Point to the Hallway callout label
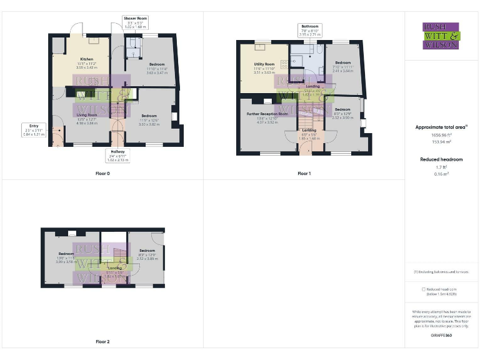118,156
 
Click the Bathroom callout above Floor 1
310,31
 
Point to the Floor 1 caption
304,173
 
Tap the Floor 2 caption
102,342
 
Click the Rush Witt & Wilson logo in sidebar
441,36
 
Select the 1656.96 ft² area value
441,135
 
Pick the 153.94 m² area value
441,142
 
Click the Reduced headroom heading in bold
441,159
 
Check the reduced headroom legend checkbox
424,289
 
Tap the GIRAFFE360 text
441,336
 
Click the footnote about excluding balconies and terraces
441,272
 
